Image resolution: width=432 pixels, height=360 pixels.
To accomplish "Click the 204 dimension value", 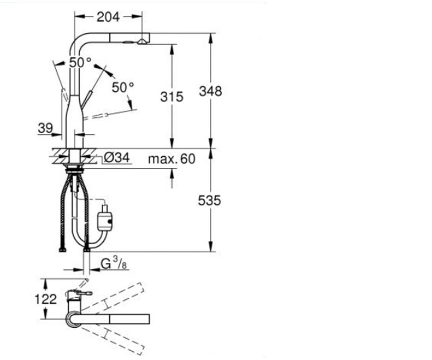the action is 108,17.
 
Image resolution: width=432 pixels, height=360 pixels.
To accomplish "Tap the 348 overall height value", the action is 210,91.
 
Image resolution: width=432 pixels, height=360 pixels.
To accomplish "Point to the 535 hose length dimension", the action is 210,200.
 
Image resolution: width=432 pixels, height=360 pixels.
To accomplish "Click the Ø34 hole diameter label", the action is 117,157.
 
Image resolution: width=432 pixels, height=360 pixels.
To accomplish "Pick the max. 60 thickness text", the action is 172,159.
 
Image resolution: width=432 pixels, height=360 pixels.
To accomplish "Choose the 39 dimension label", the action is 45,128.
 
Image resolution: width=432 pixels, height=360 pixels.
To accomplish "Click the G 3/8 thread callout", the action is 114,262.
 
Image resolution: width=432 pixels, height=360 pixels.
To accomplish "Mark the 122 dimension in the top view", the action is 45,299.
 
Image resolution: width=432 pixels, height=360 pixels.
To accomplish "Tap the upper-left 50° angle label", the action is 80,62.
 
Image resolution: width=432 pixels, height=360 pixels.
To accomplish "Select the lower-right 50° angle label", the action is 123,87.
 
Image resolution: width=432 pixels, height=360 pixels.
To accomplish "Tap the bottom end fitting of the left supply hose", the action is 63,250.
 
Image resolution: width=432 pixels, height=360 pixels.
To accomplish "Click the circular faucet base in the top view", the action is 74,319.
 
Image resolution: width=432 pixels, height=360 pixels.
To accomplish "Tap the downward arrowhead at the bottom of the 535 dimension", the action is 211,246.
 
